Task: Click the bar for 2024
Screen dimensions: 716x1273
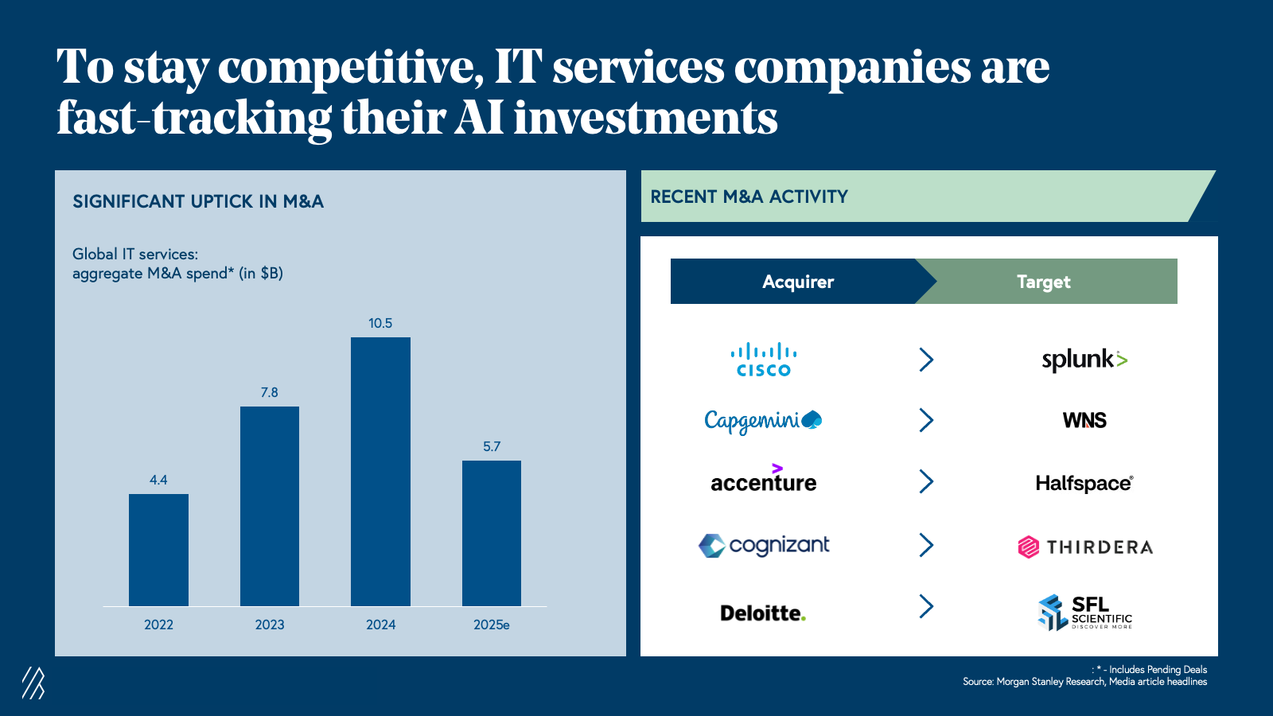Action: pos(380,471)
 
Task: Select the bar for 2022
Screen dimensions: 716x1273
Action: pos(158,550)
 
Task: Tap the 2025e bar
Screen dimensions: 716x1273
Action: pos(492,533)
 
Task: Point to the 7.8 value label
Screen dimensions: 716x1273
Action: pos(270,392)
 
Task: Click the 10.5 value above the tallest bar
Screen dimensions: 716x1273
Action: pos(380,323)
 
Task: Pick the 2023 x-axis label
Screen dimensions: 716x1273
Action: pos(270,625)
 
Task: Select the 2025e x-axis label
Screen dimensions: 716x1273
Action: pos(492,625)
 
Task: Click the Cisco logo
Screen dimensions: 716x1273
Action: pos(764,360)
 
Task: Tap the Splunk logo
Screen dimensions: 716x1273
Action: pos(1084,360)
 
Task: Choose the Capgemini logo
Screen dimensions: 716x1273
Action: pos(763,420)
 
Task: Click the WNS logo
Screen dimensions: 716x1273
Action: pos(1084,420)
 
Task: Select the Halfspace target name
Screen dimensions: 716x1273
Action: pos(1084,483)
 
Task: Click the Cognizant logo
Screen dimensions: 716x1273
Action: pos(764,546)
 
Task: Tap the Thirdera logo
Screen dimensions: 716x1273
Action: pos(1085,547)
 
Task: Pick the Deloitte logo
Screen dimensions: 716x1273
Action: pos(763,613)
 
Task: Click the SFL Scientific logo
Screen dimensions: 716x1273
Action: pos(1084,613)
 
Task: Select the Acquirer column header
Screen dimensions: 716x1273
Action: pos(797,282)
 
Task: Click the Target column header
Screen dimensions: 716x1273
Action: pos(1044,282)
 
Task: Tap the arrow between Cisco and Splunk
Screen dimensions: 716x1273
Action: pos(926,360)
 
